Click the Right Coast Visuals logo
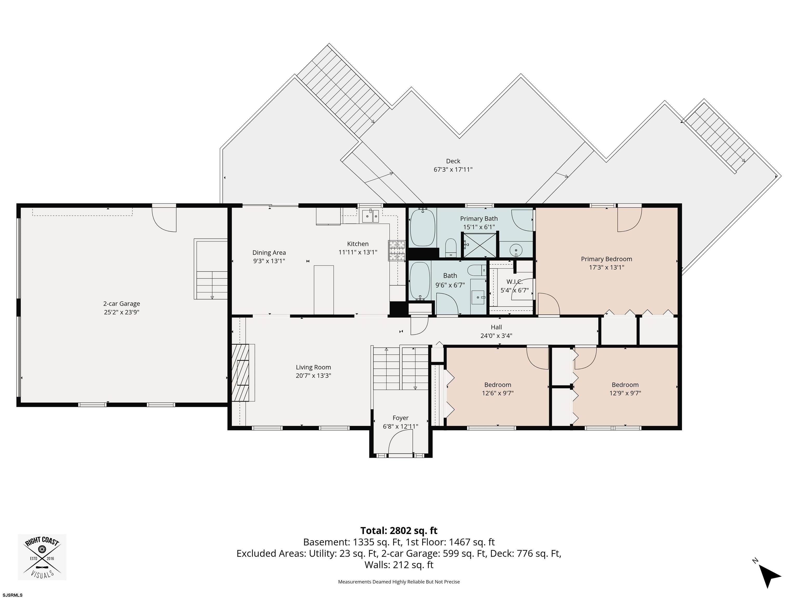click(42, 557)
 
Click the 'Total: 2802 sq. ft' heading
click(399, 531)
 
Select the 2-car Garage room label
click(122, 304)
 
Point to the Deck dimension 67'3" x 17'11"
click(453, 169)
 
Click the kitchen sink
click(370, 216)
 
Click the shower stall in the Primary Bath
click(480, 245)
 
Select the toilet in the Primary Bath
click(451, 248)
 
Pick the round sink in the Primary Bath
click(516, 249)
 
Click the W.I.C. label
click(514, 282)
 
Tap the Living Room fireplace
click(243, 373)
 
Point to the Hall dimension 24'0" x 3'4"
click(496, 336)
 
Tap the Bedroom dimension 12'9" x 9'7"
click(625, 393)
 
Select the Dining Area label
click(269, 253)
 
